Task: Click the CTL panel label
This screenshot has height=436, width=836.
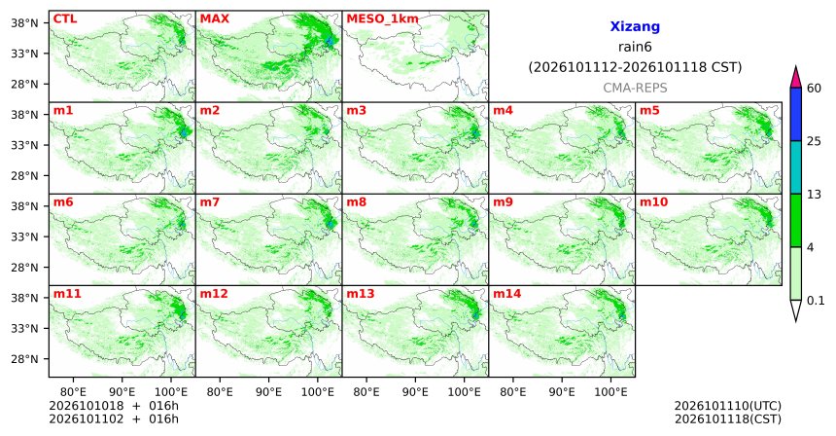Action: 65,19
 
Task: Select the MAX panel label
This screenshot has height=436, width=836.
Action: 214,19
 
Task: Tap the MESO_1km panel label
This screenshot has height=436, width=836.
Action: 382,19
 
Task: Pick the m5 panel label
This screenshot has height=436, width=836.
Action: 649,111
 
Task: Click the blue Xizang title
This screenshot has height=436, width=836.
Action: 635,26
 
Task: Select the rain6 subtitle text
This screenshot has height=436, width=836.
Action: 635,47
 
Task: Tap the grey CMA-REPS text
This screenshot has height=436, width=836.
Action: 635,88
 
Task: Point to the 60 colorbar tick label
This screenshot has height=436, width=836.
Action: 815,88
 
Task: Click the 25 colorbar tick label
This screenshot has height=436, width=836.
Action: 815,141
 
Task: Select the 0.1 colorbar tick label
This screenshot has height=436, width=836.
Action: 816,301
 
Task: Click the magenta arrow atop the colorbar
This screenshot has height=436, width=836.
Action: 796,78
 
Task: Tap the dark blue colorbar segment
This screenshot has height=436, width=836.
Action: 796,114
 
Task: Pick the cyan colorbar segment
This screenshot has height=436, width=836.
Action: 796,167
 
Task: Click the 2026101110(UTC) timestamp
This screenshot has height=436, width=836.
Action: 728,407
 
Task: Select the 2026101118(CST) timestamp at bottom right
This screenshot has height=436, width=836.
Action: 728,418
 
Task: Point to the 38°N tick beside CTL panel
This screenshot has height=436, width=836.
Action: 24,23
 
